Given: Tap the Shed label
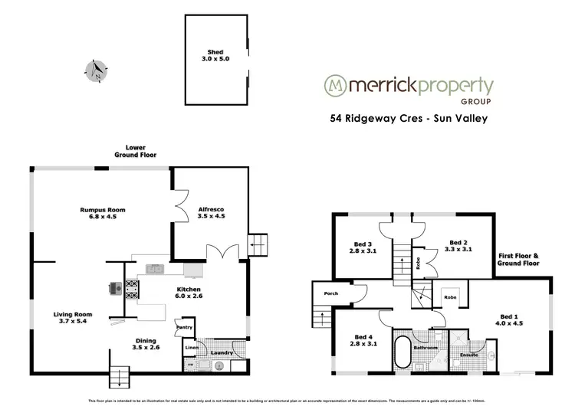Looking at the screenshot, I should coord(215,52).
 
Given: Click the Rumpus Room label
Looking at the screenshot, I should coord(102,209).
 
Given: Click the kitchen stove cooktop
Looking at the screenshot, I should coord(132,289).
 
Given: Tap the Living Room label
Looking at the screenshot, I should coord(73,314).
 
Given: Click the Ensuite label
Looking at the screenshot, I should coord(468,355).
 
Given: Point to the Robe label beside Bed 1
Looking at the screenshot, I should coord(450,296).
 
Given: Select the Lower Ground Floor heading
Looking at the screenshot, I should coord(142,151).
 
